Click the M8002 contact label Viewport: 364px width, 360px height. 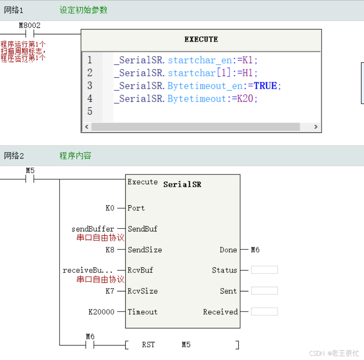[x=30, y=26]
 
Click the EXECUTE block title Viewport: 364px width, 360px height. [x=201, y=39]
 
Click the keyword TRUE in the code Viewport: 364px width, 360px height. [x=265, y=86]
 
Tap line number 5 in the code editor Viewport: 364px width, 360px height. [x=90, y=111]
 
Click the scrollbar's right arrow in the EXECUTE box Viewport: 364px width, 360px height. [x=316, y=127]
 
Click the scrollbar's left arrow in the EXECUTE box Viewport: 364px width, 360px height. [x=87, y=127]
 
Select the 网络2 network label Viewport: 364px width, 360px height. [x=14, y=156]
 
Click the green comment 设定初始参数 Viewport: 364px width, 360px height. [x=83, y=10]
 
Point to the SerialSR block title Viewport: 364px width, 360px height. [x=182, y=184]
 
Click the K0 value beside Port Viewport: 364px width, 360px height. [x=110, y=208]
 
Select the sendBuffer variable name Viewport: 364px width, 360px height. [x=93, y=229]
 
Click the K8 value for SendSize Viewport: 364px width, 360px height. [x=110, y=249]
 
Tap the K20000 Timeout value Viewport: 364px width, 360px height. [x=102, y=312]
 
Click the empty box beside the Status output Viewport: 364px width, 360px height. [x=264, y=270]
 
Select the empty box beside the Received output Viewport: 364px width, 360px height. [x=264, y=312]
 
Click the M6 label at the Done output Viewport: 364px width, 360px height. [x=255, y=249]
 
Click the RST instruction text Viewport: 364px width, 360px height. [x=148, y=345]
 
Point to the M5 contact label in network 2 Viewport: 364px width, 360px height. [x=30, y=170]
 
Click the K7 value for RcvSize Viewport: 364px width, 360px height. [x=110, y=291]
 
